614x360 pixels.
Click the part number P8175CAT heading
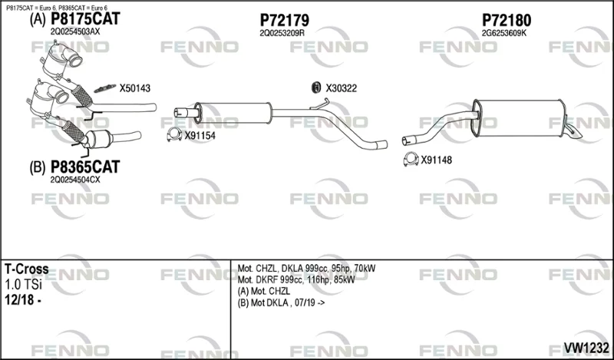pyautogui.click(x=85, y=18)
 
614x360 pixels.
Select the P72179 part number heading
pyautogui.click(x=284, y=20)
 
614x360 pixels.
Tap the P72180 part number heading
pyautogui.click(x=507, y=20)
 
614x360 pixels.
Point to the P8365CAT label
pyautogui.click(x=85, y=167)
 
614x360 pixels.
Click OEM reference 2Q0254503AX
pyautogui.click(x=75, y=31)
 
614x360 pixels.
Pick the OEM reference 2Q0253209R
pyautogui.click(x=282, y=33)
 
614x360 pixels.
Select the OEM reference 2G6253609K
pyautogui.click(x=504, y=33)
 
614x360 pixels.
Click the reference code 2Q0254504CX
pyautogui.click(x=75, y=180)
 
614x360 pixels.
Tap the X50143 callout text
pyautogui.click(x=135, y=88)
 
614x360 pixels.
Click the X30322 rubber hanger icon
pyautogui.click(x=316, y=88)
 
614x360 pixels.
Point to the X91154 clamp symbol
pyautogui.click(x=174, y=135)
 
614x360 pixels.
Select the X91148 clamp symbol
pyautogui.click(x=411, y=159)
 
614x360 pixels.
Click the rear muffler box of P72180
pyautogui.click(x=519, y=118)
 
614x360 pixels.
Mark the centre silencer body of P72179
pyautogui.click(x=233, y=113)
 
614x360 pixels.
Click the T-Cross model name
pyautogui.click(x=27, y=269)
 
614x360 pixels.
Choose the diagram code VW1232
pyautogui.click(x=586, y=347)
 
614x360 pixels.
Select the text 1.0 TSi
pyautogui.click(x=23, y=285)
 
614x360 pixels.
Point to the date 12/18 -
pyautogui.click(x=23, y=299)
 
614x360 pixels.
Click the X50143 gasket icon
pyautogui.click(x=105, y=88)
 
